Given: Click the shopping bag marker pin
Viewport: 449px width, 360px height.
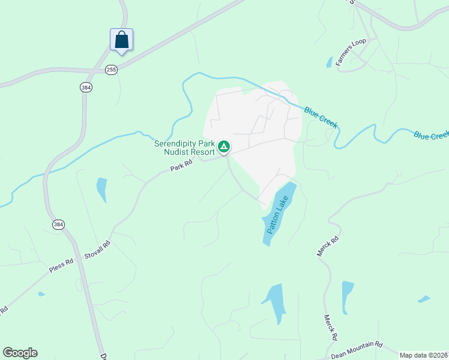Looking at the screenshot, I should point(121,40).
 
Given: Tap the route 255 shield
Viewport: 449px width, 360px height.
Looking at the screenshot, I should point(111,70).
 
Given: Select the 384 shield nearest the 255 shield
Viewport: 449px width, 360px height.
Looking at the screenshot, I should point(86,87).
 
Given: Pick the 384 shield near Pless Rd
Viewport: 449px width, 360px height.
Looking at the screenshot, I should point(58,224).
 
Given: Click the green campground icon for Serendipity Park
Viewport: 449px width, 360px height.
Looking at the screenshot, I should point(224,146).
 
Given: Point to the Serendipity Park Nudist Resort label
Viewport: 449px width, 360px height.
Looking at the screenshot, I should point(184,148).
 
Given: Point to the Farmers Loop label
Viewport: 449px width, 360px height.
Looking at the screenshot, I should point(351,52).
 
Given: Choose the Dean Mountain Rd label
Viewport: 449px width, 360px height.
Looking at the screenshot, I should point(356,349).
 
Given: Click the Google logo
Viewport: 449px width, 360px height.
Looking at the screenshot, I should point(20,353).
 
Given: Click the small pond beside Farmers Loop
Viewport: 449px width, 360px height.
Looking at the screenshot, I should point(329,62).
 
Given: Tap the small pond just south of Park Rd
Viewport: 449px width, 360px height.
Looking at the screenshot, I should point(101,190).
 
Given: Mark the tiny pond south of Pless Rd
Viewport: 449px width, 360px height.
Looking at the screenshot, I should point(41,294).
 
